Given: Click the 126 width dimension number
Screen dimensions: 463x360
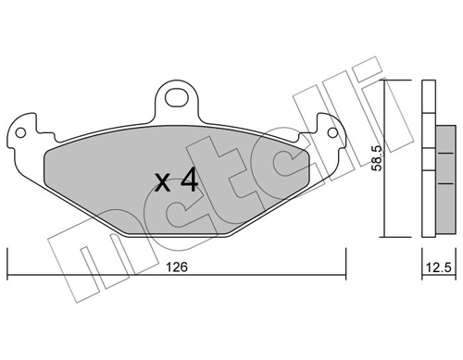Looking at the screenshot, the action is click(x=177, y=267).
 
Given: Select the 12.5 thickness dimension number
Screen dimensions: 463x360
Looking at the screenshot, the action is click(x=439, y=267).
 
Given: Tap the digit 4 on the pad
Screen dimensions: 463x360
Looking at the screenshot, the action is click(x=189, y=180).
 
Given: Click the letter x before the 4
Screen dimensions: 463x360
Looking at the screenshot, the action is click(x=162, y=182).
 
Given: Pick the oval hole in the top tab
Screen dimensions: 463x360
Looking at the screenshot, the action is click(x=177, y=97).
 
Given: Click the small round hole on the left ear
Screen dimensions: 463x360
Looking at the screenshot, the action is click(x=20, y=133).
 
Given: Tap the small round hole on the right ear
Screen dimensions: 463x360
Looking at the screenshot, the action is click(x=332, y=132).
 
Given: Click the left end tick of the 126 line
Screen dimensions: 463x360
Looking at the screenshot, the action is click(x=7, y=264).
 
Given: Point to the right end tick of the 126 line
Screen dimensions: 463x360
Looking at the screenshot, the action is click(x=346, y=264).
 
